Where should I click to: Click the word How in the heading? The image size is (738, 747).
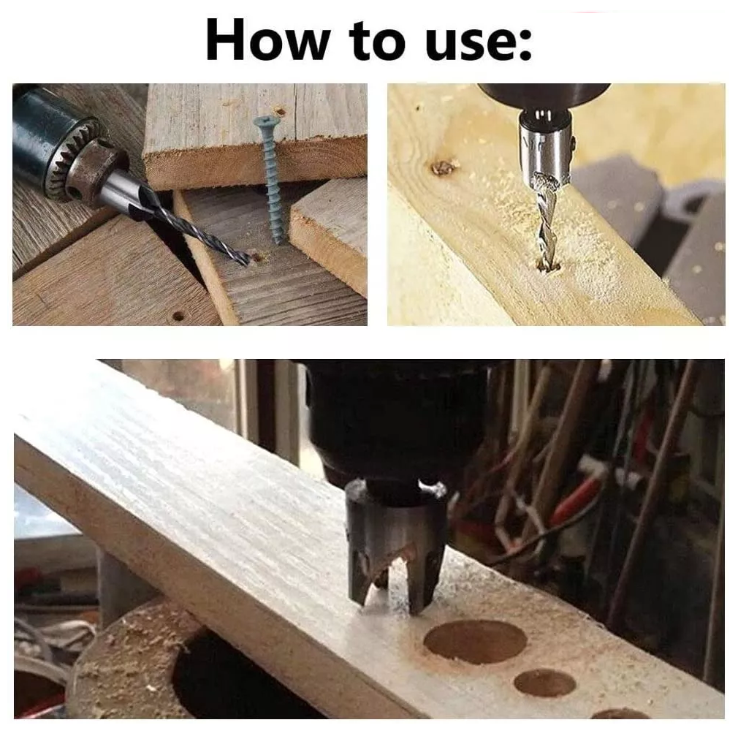267,40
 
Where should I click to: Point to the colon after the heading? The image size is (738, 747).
525,46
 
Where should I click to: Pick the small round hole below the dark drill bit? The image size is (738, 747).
178,316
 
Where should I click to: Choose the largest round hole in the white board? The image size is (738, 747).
475,641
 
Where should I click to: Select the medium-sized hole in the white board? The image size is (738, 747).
544,682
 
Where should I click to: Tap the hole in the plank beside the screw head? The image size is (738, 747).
281,113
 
